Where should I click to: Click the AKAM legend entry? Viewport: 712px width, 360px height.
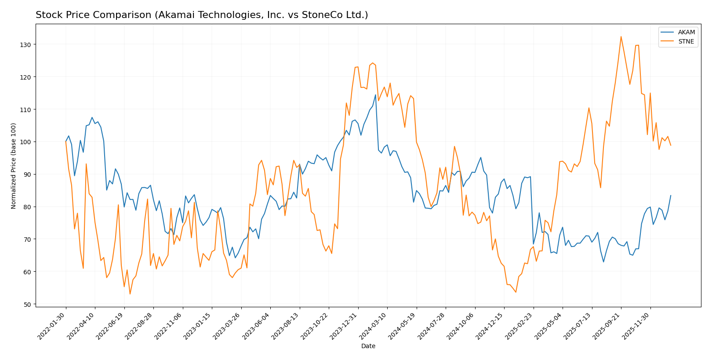686,32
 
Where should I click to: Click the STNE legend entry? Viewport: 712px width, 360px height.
686,42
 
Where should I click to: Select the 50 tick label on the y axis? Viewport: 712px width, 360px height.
27,304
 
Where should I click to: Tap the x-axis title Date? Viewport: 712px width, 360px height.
368,346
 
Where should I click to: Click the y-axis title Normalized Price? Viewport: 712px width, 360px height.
14,166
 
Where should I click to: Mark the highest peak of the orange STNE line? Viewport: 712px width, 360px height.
621,36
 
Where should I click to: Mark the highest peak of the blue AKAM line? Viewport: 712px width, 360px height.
375,95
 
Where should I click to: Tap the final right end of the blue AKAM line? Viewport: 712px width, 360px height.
671,196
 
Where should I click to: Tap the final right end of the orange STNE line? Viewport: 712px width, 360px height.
671,145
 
